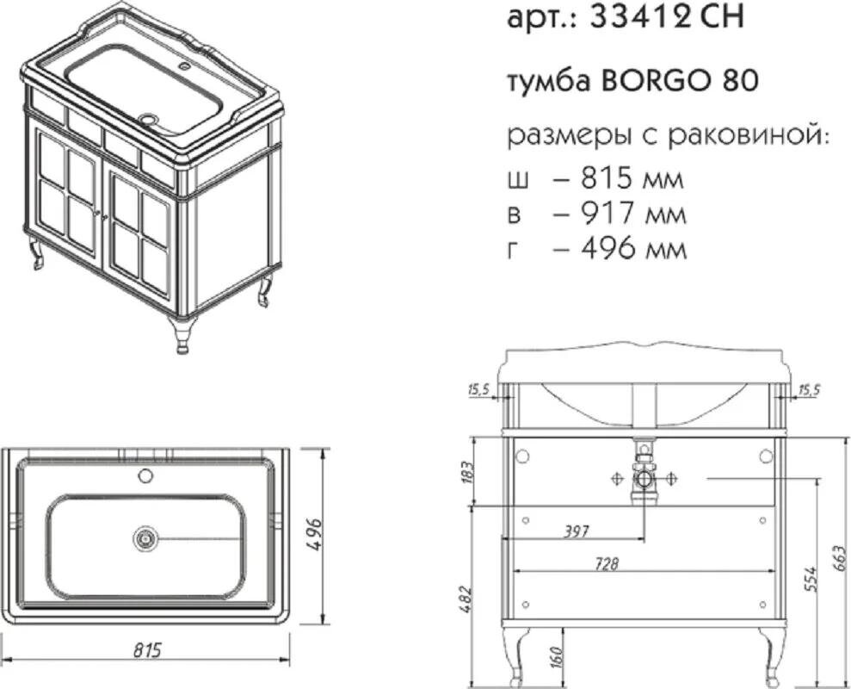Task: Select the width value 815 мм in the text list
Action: point(632,178)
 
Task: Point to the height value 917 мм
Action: point(632,213)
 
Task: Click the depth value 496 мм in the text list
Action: point(633,249)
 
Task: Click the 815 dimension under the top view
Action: point(147,649)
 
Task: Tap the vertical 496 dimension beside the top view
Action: point(314,535)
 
